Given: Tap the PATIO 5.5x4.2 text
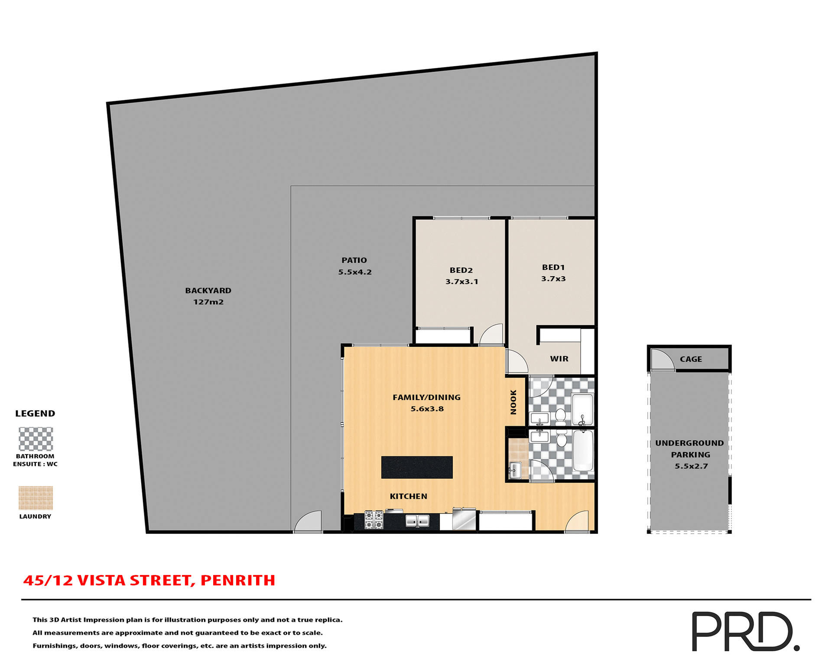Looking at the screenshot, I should [354, 266].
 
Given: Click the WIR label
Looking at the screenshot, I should [559, 359].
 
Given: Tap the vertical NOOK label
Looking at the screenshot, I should [513, 402].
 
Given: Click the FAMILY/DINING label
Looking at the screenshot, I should [426, 397].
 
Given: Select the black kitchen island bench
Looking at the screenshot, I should [417, 467].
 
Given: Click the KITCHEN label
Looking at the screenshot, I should [408, 497].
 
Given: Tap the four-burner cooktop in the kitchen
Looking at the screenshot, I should [374, 520].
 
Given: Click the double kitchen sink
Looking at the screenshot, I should [417, 521].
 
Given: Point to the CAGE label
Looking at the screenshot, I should [691, 359].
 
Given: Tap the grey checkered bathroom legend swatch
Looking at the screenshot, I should [36, 439].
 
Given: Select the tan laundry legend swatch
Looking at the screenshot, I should [36, 498].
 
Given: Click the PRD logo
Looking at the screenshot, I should [745, 631].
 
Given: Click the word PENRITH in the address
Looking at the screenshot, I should [238, 581].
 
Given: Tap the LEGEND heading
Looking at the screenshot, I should [35, 413].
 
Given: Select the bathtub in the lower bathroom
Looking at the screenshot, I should [583, 451].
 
